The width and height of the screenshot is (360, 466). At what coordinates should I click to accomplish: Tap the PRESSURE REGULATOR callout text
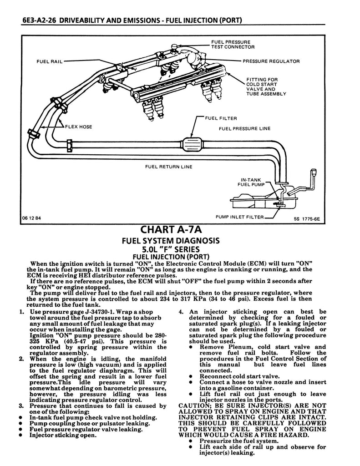(271, 61)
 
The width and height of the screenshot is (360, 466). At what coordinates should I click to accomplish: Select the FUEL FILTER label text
(221, 118)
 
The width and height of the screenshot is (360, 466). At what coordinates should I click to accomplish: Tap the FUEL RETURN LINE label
(168, 167)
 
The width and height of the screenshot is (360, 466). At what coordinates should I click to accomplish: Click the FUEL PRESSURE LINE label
(244, 129)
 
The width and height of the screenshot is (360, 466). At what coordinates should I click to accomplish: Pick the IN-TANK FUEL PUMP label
(252, 182)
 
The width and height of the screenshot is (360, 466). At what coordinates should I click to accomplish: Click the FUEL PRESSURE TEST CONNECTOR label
(233, 45)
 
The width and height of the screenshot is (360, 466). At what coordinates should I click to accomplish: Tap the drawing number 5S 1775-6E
(307, 218)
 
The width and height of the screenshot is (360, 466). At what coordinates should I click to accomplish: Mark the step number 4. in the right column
(181, 312)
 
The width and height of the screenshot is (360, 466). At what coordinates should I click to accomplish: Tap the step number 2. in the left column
(22, 359)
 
